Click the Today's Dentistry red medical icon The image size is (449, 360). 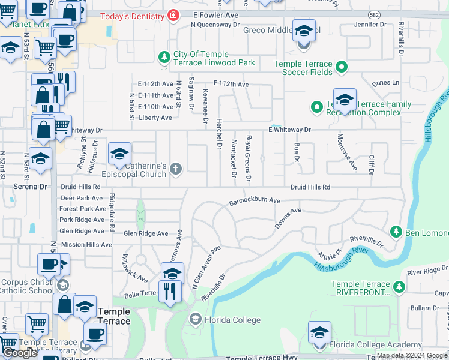pyautogui.click(x=173, y=14)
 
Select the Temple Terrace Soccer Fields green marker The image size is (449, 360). pyautogui.click(x=341, y=67)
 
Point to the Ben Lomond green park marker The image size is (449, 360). pyautogui.click(x=396, y=232)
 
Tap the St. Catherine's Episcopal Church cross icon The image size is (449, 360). pyautogui.click(x=176, y=169)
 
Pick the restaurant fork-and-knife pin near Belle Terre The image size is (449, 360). pyautogui.click(x=172, y=290)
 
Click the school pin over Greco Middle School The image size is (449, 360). pyautogui.click(x=304, y=31)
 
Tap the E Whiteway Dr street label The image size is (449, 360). pyautogui.click(x=289, y=130)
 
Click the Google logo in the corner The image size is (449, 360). pyautogui.click(x=20, y=353)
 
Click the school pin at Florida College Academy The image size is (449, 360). pyautogui.click(x=319, y=332)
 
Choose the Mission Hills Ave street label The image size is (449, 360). pyautogui.click(x=86, y=245)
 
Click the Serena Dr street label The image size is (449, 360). pyautogui.click(x=30, y=187)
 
